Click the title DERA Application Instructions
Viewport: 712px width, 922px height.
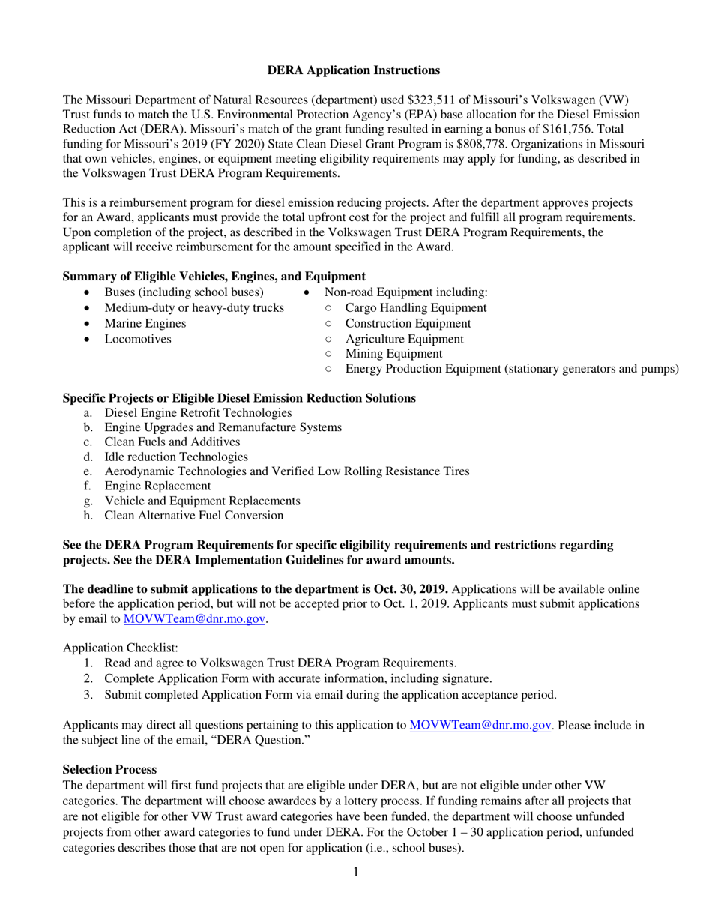click(x=354, y=70)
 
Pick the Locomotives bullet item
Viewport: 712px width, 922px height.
click(x=138, y=339)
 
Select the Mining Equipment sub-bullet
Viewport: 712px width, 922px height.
click(x=393, y=353)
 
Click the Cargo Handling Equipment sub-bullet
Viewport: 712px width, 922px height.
click(x=416, y=307)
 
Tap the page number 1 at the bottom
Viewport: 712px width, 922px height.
click(x=356, y=872)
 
